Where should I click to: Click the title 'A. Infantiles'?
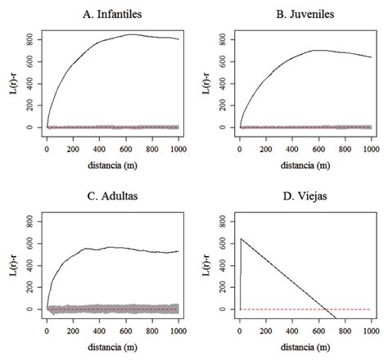tap(112, 14)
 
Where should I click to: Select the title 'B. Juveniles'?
tap(305, 14)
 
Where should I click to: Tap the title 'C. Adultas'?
tap(112, 196)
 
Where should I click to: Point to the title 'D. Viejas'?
tap(305, 196)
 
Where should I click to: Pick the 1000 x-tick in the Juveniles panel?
tap(370, 141)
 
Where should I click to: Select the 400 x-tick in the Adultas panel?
tap(99, 322)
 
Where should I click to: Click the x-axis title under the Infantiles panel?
tap(112, 155)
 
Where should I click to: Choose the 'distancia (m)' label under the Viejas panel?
tap(305, 337)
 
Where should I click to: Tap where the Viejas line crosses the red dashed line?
tap(327, 309)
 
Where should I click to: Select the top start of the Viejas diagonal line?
tap(241, 238)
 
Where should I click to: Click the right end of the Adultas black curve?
tap(178, 251)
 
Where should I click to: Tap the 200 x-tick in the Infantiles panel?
tap(73, 141)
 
